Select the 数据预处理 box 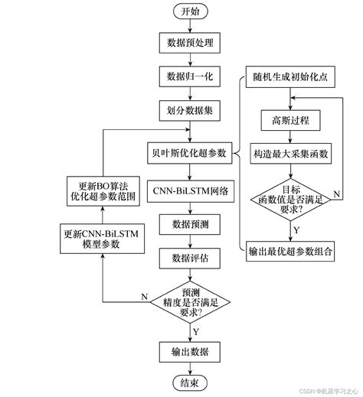click(x=188, y=42)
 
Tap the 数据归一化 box click(x=188, y=77)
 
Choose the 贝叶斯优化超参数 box click(x=189, y=153)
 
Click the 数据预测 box click(x=188, y=224)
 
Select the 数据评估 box click(x=188, y=257)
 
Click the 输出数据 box click(x=189, y=351)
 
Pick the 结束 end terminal click(x=188, y=383)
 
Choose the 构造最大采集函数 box click(x=291, y=154)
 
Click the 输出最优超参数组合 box click(x=291, y=251)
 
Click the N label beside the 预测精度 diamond click(x=144, y=294)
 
